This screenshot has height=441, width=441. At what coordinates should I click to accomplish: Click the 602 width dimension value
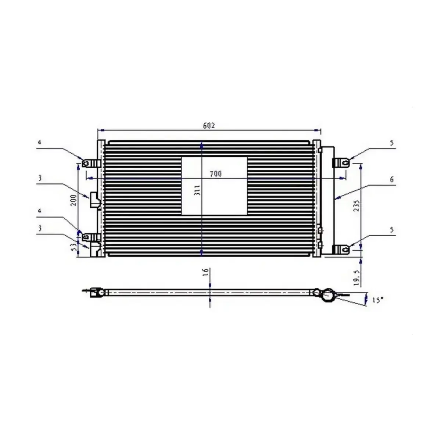tap(209, 125)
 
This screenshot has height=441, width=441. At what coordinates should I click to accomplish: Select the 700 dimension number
tap(216, 174)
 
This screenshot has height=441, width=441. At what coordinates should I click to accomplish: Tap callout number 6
tap(392, 180)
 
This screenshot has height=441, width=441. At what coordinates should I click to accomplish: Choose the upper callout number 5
tap(392, 143)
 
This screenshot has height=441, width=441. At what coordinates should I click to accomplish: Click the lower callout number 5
tap(392, 230)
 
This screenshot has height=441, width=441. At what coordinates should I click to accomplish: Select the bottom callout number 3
tap(39, 228)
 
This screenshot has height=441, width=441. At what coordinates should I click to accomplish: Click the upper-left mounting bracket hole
tap(86, 163)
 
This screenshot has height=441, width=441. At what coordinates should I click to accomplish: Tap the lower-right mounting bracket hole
tap(345, 249)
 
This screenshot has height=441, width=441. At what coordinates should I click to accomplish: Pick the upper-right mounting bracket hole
tap(345, 162)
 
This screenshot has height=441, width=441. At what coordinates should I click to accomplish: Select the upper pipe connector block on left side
tap(94, 200)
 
